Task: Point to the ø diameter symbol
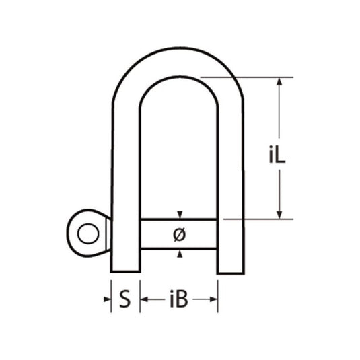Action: pyautogui.click(x=179, y=235)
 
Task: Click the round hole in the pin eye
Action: pyautogui.click(x=85, y=233)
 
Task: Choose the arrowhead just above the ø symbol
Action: pyautogui.click(x=179, y=215)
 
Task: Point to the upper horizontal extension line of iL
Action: pyautogui.click(x=249, y=77)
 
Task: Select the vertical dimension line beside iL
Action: pyautogui.click(x=279, y=121)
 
